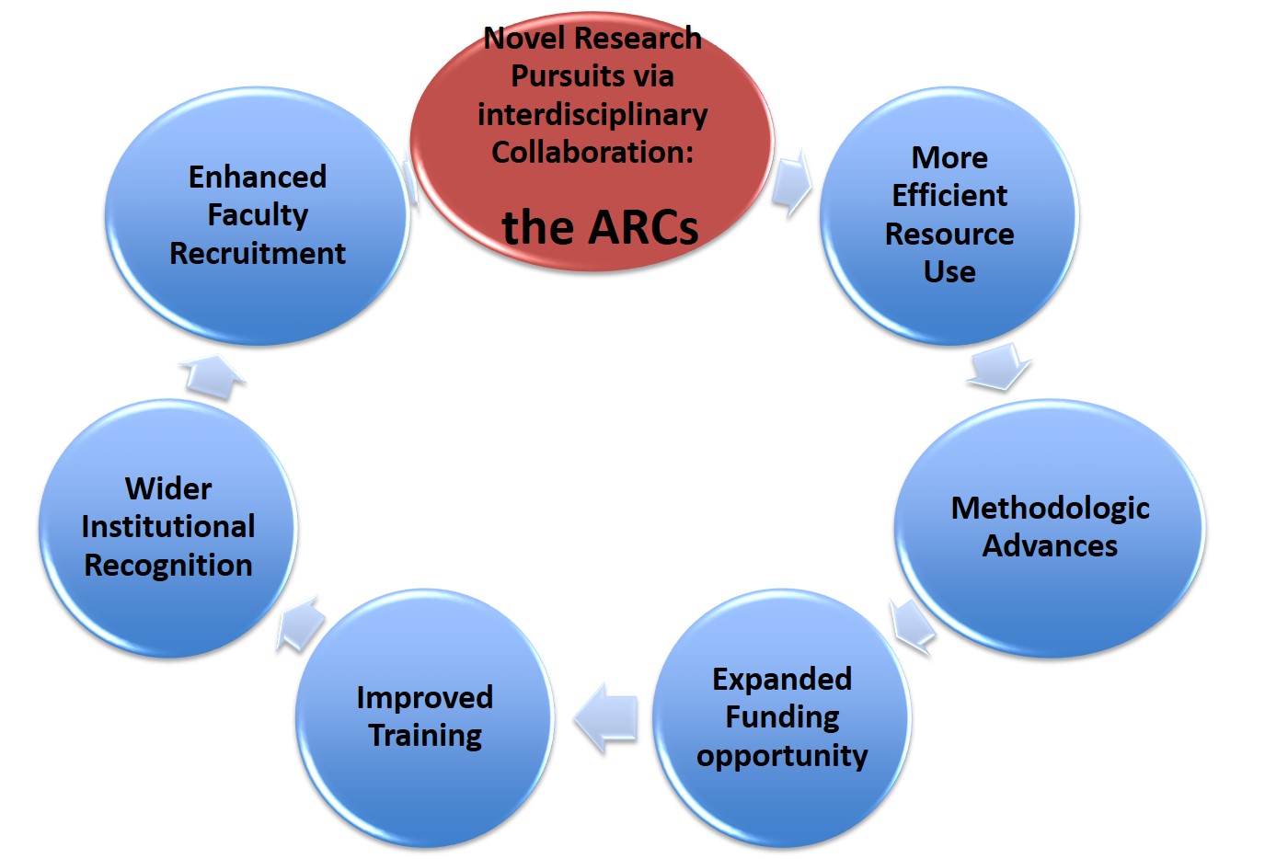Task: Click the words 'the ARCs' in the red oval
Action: point(600,227)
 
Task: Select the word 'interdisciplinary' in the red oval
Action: point(592,115)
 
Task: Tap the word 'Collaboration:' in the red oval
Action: point(592,152)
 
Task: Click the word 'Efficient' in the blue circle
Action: point(949,195)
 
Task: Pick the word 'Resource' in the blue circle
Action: point(949,234)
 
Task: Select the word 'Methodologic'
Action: point(1050,509)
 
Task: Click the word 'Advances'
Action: point(1050,545)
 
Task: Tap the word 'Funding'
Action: point(782,718)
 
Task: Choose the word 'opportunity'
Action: point(782,756)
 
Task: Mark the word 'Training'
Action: point(425,736)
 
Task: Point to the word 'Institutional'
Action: point(168,526)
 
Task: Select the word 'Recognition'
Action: point(168,566)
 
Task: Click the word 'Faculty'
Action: point(258,215)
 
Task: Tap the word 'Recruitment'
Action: point(258,253)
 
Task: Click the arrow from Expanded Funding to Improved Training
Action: point(606,716)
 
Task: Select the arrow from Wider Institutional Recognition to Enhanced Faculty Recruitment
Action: point(213,377)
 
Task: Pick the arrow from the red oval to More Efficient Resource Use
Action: point(792,183)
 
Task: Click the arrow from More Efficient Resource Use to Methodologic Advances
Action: point(999,367)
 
